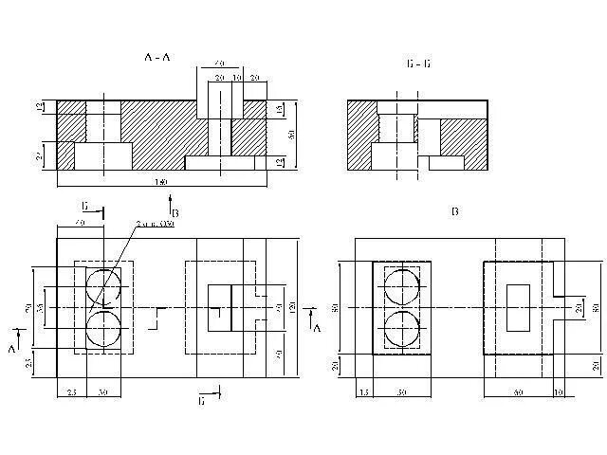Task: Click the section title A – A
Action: (157, 58)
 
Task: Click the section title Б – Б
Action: (417, 64)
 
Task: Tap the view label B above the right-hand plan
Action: (454, 211)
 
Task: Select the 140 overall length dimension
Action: (161, 181)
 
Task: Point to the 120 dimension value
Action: (292, 308)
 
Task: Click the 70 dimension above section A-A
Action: (220, 63)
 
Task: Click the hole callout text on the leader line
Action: (155, 224)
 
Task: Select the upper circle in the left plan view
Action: (103, 285)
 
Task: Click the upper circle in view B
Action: (402, 285)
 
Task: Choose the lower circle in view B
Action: (402, 329)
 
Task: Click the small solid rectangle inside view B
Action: (519, 307)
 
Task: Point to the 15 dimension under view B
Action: (363, 391)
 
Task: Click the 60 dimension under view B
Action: (519, 391)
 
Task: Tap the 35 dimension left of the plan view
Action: (41, 308)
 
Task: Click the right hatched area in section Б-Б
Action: (464, 134)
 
